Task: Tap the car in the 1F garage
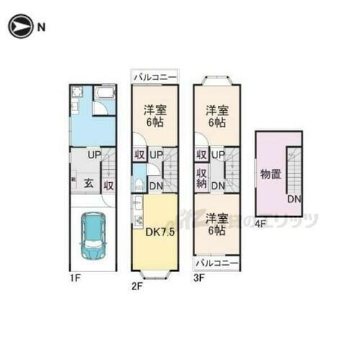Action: (x=93, y=237)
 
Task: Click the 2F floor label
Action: (x=138, y=285)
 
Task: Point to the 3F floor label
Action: (x=200, y=285)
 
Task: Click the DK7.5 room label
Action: (x=161, y=232)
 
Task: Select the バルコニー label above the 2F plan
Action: (x=155, y=75)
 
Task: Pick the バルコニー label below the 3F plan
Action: (x=217, y=262)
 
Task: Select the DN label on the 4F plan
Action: (x=294, y=199)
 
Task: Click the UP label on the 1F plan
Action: (x=94, y=155)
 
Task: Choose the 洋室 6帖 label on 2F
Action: (x=155, y=116)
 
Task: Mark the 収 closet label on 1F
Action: (x=107, y=185)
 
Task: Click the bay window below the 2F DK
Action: (x=155, y=274)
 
